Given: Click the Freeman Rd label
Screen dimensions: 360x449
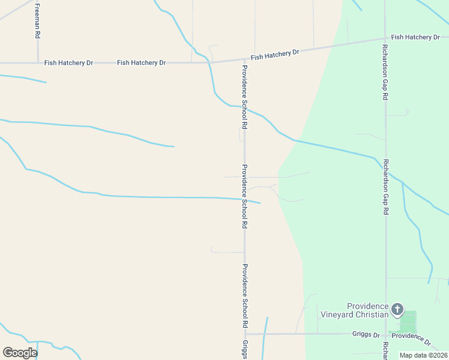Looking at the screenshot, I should click(37, 22).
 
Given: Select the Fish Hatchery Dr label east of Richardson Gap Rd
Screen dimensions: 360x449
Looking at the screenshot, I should click(415, 37).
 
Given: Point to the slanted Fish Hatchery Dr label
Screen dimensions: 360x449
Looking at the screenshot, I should click(275, 55).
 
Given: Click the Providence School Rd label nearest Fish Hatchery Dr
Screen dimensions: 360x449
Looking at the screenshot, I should click(245, 97).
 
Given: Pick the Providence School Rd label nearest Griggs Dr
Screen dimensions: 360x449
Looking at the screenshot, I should click(245, 295).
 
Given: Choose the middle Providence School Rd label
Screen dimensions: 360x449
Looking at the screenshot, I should click(245, 196).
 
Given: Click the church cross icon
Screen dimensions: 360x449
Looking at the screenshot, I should click(397, 310).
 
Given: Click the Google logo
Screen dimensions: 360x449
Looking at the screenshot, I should click(20, 352).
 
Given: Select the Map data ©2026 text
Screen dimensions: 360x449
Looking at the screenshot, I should click(423, 355).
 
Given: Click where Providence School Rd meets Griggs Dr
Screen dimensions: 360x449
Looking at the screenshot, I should click(245, 334).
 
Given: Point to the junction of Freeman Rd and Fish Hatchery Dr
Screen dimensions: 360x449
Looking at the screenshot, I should click(38, 62).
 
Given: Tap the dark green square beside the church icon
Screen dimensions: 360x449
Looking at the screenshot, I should click(408, 321).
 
